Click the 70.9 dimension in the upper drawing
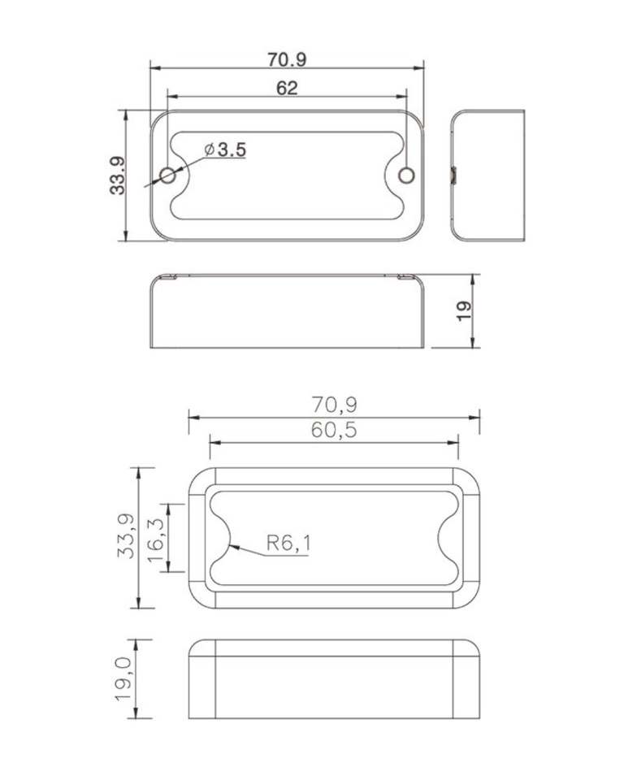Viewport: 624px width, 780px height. point(287,60)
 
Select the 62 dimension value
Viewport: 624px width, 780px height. point(287,88)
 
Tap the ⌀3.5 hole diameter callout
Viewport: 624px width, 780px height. point(225,149)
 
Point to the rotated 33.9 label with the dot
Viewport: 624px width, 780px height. point(119,175)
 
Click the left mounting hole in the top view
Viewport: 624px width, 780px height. point(169,175)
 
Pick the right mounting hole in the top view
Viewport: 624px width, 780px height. point(407,175)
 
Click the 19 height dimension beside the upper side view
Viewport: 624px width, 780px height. point(464,311)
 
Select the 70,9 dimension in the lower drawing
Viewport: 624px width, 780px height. point(334,404)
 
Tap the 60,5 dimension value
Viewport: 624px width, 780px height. point(334,431)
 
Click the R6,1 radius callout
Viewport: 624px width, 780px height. point(288,544)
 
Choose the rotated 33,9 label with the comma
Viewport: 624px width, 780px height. point(125,537)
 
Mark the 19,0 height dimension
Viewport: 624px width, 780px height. point(124,678)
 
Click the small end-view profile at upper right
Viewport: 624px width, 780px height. point(488,175)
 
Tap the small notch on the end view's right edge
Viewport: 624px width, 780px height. point(454,175)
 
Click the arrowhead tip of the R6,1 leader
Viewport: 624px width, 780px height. point(230,547)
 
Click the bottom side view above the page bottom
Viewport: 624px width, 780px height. point(334,678)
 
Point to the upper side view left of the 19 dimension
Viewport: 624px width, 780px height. point(288,311)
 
